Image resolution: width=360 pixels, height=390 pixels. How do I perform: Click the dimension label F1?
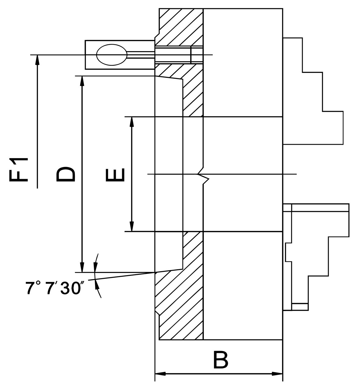click(19, 170)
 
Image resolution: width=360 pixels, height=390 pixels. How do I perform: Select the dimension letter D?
click(65, 174)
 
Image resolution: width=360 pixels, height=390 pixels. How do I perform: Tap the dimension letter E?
click(115, 175)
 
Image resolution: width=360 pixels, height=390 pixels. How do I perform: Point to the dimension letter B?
click(220, 360)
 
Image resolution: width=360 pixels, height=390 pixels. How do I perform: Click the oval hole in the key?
click(111, 55)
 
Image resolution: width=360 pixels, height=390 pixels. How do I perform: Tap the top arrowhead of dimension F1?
click(37, 59)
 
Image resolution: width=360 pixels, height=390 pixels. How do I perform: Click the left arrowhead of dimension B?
click(160, 374)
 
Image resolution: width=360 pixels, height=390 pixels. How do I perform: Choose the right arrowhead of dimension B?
click(278, 374)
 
